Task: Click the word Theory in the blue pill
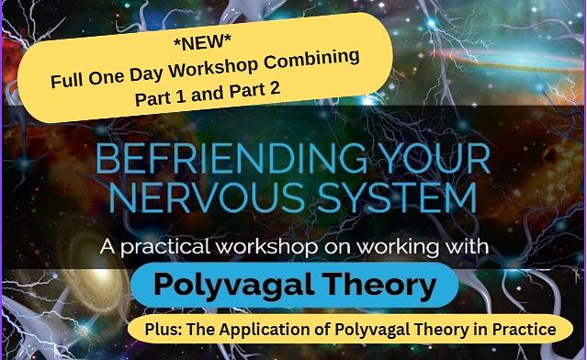pos(382,286)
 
